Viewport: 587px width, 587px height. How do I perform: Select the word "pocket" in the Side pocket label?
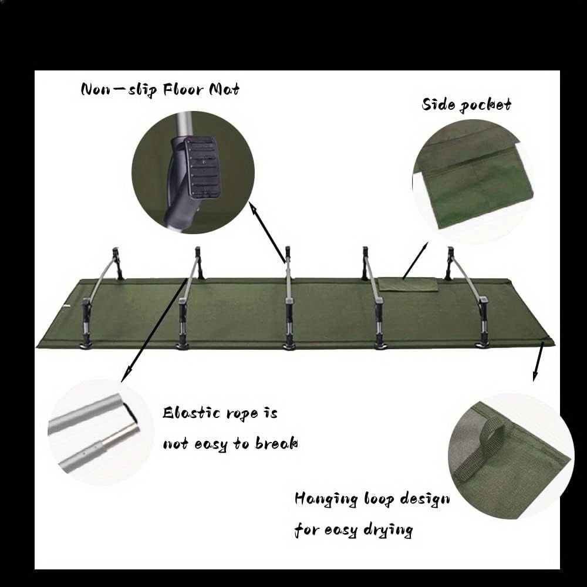tap(485, 105)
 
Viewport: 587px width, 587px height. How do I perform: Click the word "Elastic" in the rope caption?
tap(191, 413)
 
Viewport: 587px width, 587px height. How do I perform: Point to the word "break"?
tap(276, 444)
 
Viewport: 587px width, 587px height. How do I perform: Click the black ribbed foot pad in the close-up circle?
tap(202, 167)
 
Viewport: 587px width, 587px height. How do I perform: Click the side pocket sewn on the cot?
tap(408, 285)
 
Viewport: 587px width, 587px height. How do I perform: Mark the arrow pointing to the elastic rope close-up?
tap(154, 330)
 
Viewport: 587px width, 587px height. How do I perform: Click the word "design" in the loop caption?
tap(425, 500)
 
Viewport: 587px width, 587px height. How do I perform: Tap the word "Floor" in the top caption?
tap(183, 90)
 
